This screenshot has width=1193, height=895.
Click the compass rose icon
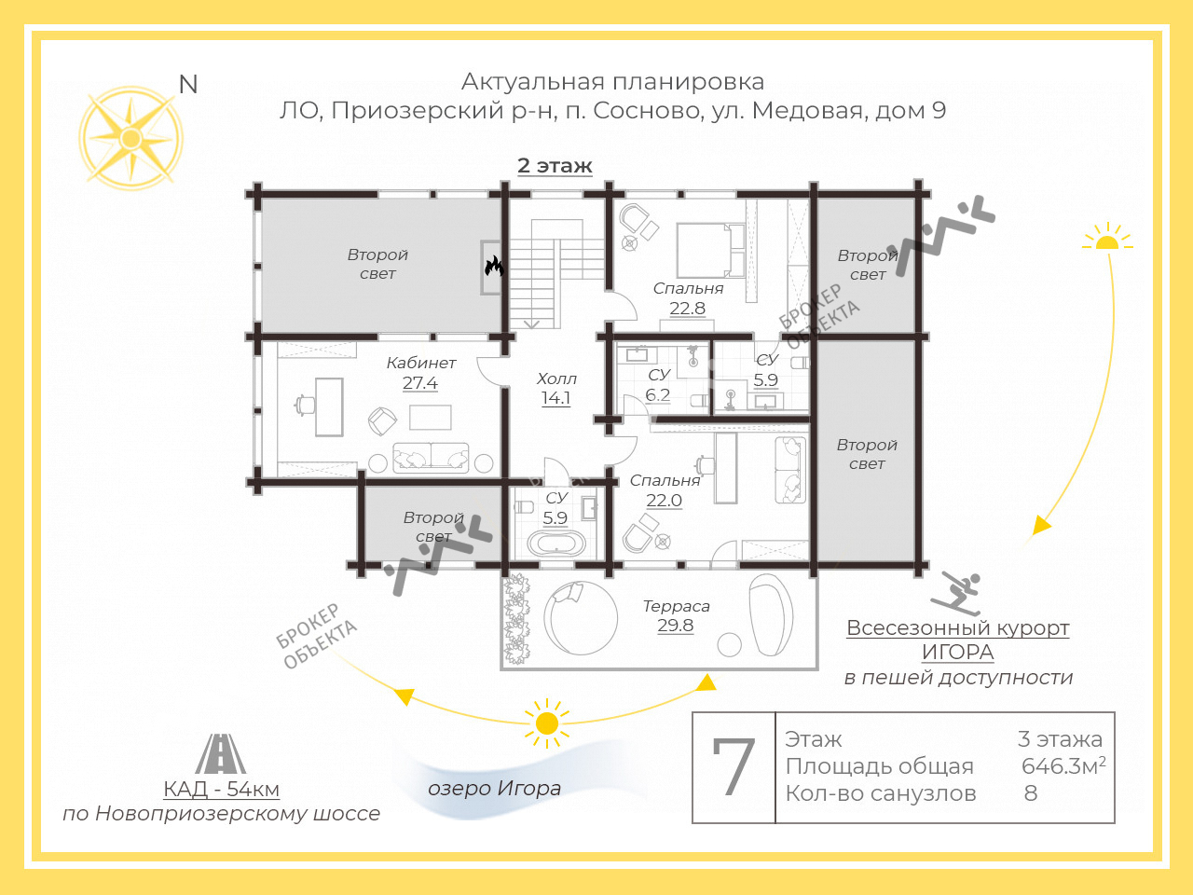pos(130,139)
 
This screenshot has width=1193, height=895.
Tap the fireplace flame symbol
pos(493,267)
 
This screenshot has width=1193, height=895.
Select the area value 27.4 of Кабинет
pos(420,383)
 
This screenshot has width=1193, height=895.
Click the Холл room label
pos(556,379)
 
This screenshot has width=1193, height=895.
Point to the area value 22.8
pos(687,309)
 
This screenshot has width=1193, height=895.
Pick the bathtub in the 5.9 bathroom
pos(555,543)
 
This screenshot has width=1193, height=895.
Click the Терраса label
pos(676,606)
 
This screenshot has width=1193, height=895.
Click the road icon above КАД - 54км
pos(221,754)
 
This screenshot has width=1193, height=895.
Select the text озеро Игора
pos(494,789)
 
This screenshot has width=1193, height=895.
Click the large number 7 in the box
pos(734,767)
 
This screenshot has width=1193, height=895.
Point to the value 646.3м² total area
pos(1063,766)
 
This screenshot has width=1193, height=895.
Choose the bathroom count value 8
pos(1031,793)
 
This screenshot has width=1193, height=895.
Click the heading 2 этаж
pos(555,166)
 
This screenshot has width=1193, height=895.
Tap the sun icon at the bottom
pos(547,723)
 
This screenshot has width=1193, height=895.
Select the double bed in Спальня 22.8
pos(710,250)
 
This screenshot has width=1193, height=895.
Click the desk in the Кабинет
pos(329,406)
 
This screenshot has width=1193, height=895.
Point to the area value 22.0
pos(664,501)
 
